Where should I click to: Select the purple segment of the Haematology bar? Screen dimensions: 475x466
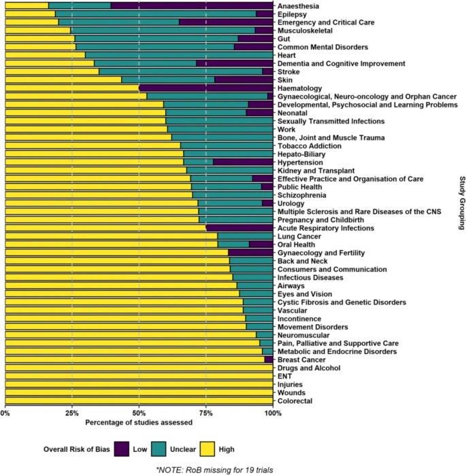point(205,88)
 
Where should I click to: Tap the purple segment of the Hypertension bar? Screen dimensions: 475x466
point(242,162)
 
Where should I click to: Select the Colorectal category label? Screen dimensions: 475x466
point(297,401)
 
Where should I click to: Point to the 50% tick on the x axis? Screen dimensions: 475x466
point(139,412)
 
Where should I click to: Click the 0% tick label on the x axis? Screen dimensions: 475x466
point(5,412)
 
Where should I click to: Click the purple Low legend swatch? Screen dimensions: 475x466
point(123,448)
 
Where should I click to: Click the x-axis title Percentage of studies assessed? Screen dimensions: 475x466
point(139,423)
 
